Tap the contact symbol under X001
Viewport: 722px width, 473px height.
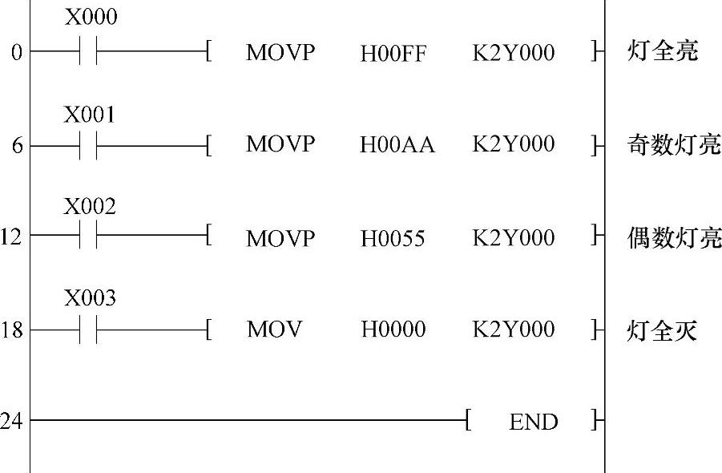[x=89, y=147]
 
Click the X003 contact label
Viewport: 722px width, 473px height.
[x=90, y=299]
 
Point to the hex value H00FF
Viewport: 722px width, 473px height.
[x=393, y=55]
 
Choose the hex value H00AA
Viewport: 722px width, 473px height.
[x=397, y=146]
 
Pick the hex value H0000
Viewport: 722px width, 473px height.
[x=393, y=329]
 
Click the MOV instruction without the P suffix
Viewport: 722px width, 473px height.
[x=274, y=329]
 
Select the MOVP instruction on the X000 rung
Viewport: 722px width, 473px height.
[x=280, y=54]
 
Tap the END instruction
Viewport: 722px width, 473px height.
[x=534, y=422]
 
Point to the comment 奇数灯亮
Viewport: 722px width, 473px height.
[x=673, y=145]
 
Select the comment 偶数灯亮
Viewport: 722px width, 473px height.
[x=673, y=237]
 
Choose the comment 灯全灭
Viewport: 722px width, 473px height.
[x=662, y=329]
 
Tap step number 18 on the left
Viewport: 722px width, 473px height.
[x=12, y=329]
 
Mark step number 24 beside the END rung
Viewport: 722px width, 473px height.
[x=11, y=421]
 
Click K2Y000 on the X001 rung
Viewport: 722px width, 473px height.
[x=514, y=145]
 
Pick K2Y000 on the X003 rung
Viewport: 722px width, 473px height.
[x=514, y=329]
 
